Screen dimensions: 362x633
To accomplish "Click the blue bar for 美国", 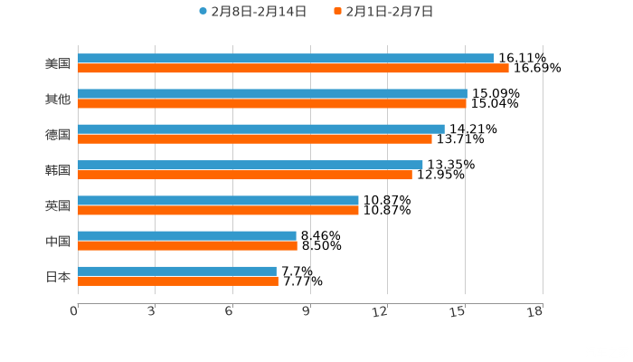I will pyautogui.click(x=286, y=59).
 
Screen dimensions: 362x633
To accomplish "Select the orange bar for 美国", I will pyautogui.click(x=293, y=68).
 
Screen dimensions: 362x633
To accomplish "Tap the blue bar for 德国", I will pyautogui.click(x=261, y=129).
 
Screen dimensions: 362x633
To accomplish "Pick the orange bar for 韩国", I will pyautogui.click(x=245, y=175).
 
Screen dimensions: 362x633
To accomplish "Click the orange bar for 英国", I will pyautogui.click(x=218, y=210).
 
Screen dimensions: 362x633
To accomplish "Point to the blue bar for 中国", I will pyautogui.click(x=187, y=236).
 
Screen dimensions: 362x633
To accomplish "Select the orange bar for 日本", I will pyautogui.click(x=178, y=281).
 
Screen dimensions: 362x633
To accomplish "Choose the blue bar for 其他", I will pyautogui.click(x=272, y=94).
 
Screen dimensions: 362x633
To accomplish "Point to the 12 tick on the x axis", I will pyautogui.click(x=385, y=310).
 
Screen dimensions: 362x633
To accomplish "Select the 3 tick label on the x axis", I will pyautogui.click(x=152, y=310).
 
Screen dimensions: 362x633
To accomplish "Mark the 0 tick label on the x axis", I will pyautogui.click(x=75, y=310).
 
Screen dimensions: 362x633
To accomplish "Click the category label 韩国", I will pyautogui.click(x=57, y=170).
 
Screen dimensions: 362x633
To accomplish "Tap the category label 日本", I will pyautogui.click(x=57, y=276).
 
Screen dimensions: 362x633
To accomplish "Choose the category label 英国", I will pyautogui.click(x=57, y=205).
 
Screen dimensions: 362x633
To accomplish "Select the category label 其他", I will pyautogui.click(x=57, y=100).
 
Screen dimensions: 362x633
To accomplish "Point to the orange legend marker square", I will pyautogui.click(x=337, y=12).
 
